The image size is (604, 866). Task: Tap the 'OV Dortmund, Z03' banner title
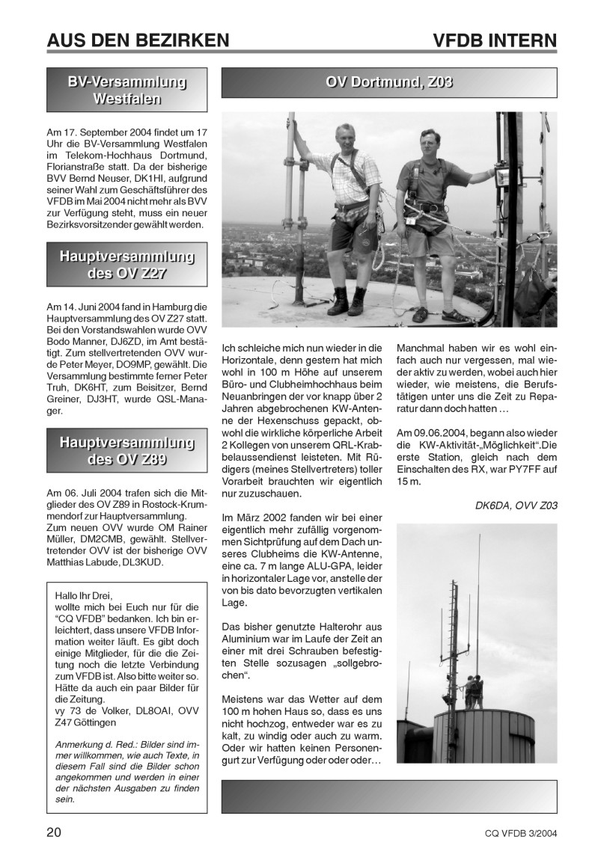click(x=388, y=82)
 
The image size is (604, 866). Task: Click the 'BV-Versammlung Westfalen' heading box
click(x=127, y=90)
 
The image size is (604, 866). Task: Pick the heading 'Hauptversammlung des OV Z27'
click(x=127, y=265)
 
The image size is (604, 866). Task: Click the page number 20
click(x=55, y=832)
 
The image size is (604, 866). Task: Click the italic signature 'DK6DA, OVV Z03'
click(x=516, y=506)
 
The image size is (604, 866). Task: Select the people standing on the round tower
click(x=473, y=692)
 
